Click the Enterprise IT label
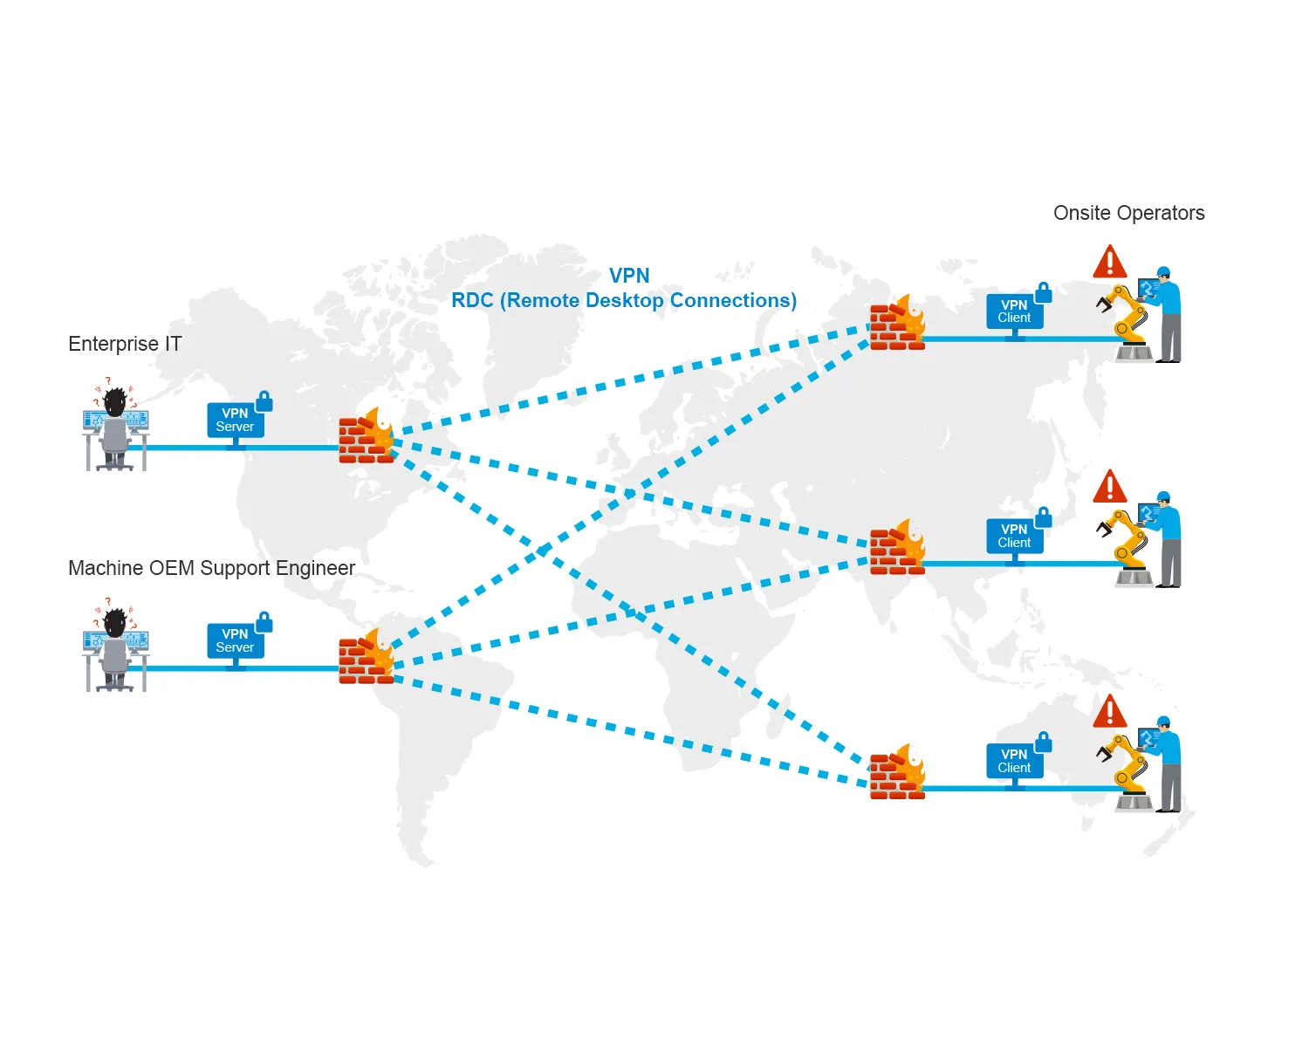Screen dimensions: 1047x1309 (x=125, y=344)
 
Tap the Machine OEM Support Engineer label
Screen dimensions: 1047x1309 (x=211, y=568)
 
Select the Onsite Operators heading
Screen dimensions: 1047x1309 (x=1128, y=213)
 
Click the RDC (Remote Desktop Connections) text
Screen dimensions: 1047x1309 (x=623, y=300)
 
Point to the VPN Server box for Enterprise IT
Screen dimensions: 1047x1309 (x=235, y=421)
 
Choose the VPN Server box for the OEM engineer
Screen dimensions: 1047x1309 (x=235, y=641)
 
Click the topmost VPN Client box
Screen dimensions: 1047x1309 (x=1014, y=311)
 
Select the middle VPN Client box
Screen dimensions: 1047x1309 (x=1014, y=536)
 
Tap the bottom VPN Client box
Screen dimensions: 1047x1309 (x=1014, y=761)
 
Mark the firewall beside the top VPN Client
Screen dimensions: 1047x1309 (x=897, y=325)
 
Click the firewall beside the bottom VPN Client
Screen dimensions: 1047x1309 (x=897, y=774)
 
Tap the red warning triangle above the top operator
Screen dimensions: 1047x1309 (x=1110, y=263)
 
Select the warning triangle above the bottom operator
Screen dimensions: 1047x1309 (x=1110, y=712)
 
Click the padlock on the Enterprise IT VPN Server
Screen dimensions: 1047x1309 (x=264, y=402)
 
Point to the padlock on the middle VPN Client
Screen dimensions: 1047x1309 (x=1044, y=518)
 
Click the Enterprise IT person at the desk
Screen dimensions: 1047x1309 (x=115, y=428)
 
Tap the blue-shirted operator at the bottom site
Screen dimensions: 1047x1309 (x=1168, y=763)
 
